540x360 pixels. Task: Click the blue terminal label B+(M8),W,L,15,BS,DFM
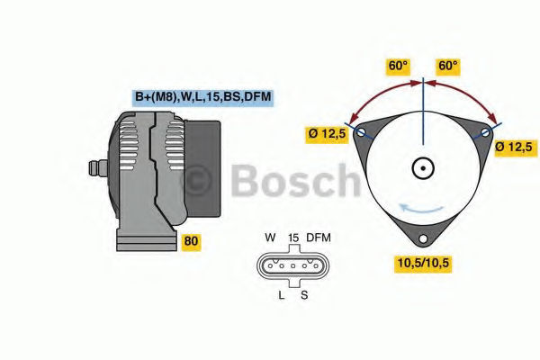click(x=202, y=97)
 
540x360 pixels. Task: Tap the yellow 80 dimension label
click(x=191, y=241)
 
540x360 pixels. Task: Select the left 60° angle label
click(x=398, y=66)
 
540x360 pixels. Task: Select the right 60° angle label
click(x=447, y=66)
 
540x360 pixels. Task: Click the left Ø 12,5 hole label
click(x=327, y=133)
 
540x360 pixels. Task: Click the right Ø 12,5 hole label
click(x=515, y=147)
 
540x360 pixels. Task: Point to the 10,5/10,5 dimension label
click(x=423, y=263)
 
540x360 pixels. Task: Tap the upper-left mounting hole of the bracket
click(x=361, y=132)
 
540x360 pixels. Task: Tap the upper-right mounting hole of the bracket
click(x=485, y=132)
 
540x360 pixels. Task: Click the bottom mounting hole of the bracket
click(x=423, y=238)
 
